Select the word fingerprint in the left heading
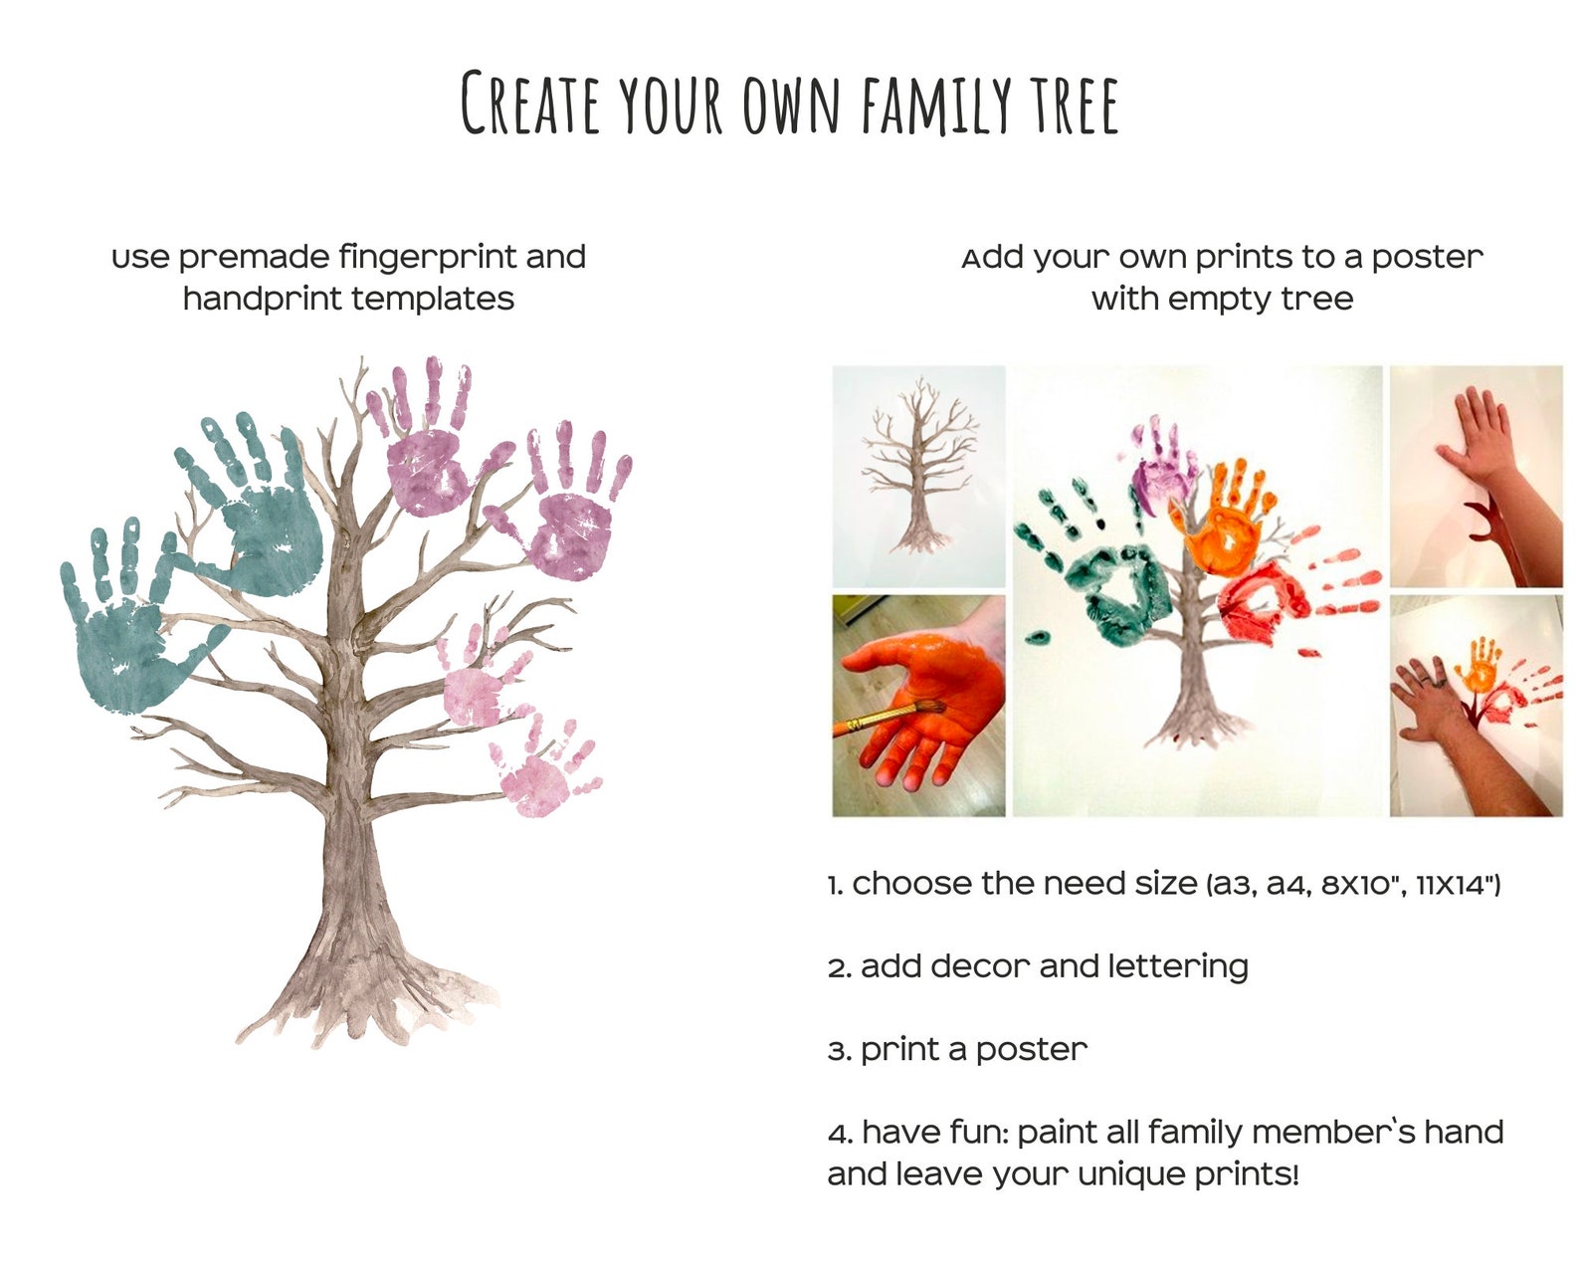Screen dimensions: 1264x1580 427,257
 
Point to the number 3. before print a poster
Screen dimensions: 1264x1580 839,1051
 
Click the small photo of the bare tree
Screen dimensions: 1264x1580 917,475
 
